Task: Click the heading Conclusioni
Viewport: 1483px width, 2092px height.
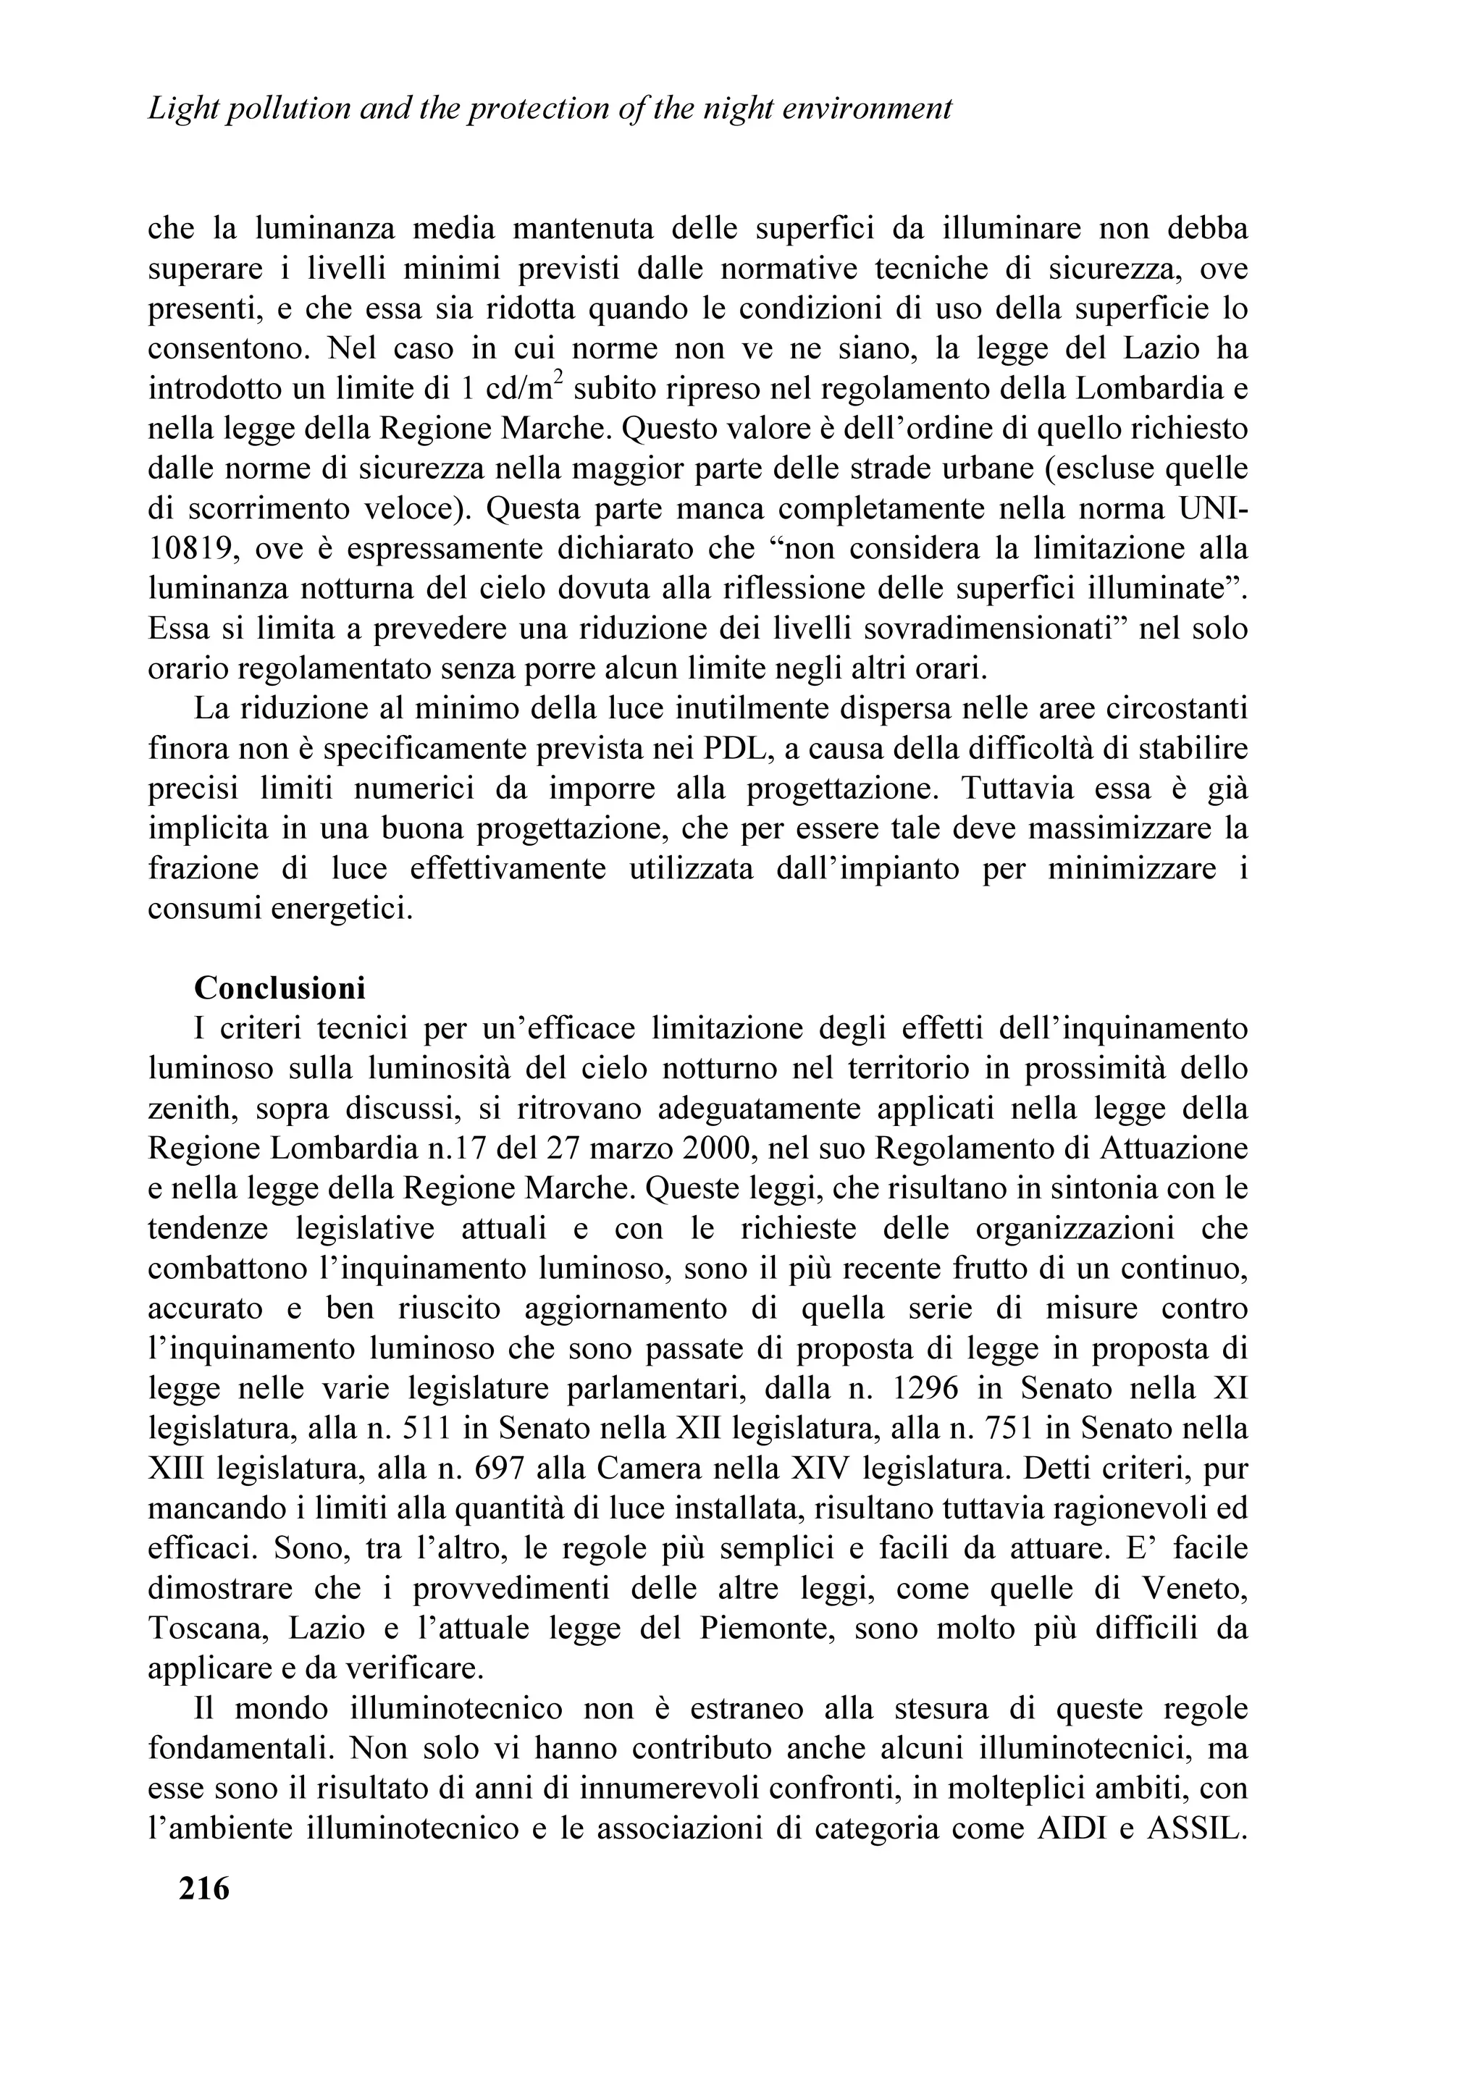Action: point(280,988)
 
